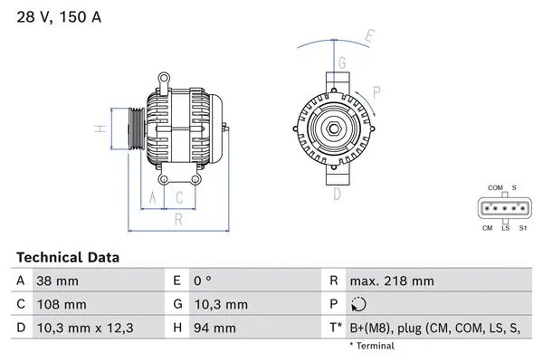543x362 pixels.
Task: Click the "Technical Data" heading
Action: pyautogui.click(x=68, y=258)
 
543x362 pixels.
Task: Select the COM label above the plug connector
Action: pyautogui.click(x=495, y=187)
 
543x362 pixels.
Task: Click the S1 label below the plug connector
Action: pyautogui.click(x=522, y=228)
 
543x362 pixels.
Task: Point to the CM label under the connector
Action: pyautogui.click(x=488, y=228)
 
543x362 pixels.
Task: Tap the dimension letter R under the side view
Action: pyautogui.click(x=179, y=219)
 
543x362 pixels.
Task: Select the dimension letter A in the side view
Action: pyautogui.click(x=153, y=196)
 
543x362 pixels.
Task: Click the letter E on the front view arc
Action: pyautogui.click(x=368, y=37)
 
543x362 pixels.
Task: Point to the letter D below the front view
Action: pyautogui.click(x=337, y=194)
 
